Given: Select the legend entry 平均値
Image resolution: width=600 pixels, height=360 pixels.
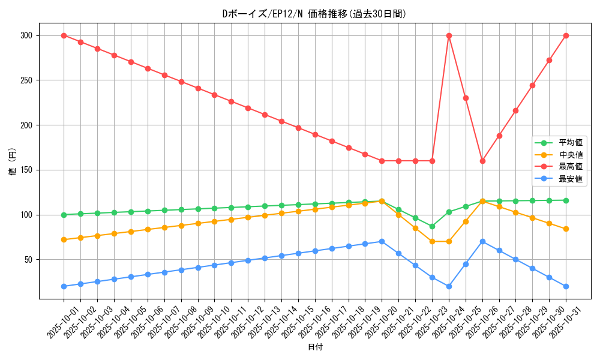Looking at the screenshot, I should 571,143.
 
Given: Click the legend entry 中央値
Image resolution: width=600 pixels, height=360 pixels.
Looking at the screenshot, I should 571,155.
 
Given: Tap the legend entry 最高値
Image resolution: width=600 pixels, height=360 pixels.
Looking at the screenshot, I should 571,167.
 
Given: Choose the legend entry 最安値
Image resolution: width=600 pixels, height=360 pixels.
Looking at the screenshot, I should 571,179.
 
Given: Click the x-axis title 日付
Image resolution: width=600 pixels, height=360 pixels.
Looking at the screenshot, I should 314,347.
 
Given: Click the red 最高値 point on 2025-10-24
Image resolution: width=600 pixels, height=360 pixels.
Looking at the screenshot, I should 449,35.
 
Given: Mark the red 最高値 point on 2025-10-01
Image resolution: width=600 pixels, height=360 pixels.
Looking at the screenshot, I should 64,35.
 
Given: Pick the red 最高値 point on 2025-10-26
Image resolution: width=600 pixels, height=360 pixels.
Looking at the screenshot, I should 482,161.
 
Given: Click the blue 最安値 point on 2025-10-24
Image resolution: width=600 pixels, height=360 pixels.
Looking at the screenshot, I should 449,286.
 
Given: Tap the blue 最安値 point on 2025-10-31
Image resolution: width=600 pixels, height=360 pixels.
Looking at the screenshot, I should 566,286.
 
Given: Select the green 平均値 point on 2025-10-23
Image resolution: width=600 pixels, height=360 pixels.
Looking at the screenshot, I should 432,226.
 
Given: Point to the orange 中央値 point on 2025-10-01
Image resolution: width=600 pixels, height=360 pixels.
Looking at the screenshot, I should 64,239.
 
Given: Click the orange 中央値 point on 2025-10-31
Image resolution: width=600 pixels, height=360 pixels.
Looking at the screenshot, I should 566,229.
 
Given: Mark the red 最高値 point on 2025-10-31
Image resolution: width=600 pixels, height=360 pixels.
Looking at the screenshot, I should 566,35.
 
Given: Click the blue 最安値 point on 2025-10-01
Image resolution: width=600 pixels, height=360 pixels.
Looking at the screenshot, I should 64,286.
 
